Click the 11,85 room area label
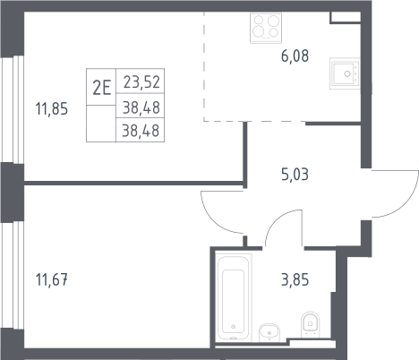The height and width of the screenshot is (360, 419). coord(52,108)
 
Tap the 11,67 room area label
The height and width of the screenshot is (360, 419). coord(52,280)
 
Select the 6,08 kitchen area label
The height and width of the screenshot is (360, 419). coord(295,56)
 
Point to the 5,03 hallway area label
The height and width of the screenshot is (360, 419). coord(295,175)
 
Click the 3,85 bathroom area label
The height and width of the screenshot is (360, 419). coord(295,280)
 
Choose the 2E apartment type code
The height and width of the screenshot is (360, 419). coord(101,88)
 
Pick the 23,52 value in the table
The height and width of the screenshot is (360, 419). coord(141,82)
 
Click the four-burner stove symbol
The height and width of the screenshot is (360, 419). coord(266,28)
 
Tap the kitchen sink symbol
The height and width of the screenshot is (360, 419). coord(345,73)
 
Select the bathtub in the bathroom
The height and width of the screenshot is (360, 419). coord(234,297)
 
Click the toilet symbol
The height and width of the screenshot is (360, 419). coord(311,324)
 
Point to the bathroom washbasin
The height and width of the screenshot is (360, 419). coord(269,332)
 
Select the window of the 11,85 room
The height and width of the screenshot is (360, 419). coord(12,109)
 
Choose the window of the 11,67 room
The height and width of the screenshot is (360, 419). coord(12,275)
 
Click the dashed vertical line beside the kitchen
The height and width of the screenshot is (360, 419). coord(204,66)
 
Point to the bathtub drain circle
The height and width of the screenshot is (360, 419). coord(234,327)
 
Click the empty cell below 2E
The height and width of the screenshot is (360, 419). coord(101,124)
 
